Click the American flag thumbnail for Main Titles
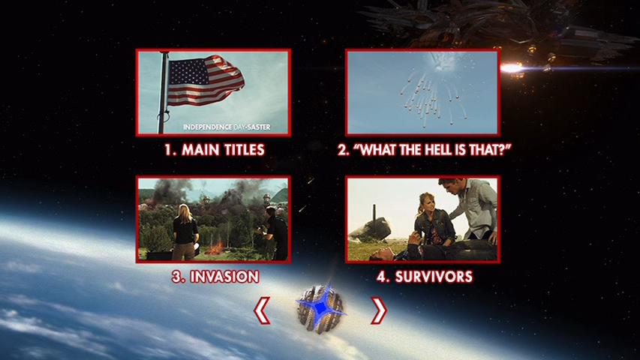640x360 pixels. (x=213, y=93)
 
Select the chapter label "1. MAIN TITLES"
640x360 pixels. (x=215, y=150)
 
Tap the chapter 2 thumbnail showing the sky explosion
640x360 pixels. (x=422, y=93)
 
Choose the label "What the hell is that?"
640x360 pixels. (x=424, y=150)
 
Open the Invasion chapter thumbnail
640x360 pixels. (x=213, y=220)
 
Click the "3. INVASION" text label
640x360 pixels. (x=215, y=277)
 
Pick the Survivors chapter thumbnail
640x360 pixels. (x=422, y=220)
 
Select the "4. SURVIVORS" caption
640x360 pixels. (x=425, y=277)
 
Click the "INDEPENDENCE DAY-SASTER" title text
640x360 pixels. (x=227, y=127)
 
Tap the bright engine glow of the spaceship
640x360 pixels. (x=512, y=67)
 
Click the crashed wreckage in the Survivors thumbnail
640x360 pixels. (x=371, y=229)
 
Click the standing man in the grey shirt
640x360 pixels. (x=473, y=210)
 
